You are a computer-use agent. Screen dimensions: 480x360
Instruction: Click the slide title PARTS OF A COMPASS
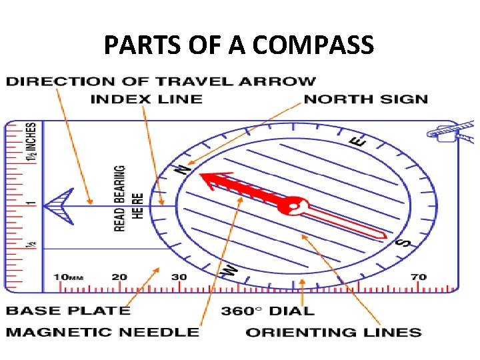(x=239, y=45)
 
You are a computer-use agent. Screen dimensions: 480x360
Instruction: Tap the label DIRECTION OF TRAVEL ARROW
(x=161, y=81)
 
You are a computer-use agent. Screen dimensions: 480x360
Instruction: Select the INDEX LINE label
(x=146, y=99)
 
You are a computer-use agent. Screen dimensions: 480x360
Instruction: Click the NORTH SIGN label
(x=365, y=99)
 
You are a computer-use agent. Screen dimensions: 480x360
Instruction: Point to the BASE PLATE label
(x=68, y=310)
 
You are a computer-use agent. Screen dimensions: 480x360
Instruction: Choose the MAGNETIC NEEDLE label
(x=103, y=331)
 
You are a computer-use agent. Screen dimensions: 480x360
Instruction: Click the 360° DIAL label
(x=267, y=310)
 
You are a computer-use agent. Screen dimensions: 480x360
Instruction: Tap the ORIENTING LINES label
(x=333, y=331)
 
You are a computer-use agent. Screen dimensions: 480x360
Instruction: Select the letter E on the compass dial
(x=358, y=141)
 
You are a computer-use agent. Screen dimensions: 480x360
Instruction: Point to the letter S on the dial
(x=403, y=243)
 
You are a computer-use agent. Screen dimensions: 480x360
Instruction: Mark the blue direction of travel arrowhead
(x=58, y=204)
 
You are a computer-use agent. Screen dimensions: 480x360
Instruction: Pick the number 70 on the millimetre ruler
(x=419, y=277)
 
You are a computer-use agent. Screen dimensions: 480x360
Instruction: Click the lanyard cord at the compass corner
(x=453, y=131)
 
